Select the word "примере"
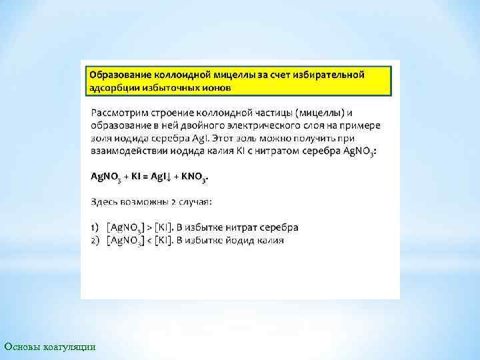[x=358, y=125]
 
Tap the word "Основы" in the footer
[x=21, y=347]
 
